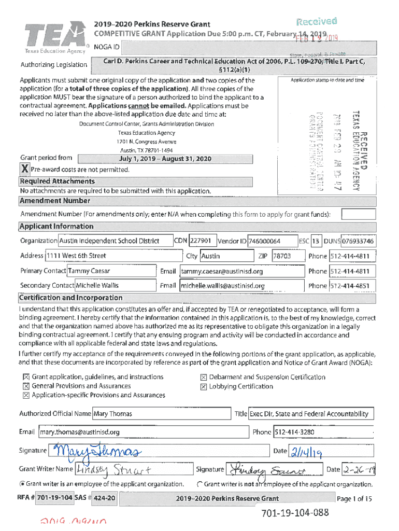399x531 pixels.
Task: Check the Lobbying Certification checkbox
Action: point(204,386)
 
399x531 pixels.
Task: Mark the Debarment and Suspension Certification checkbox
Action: point(204,378)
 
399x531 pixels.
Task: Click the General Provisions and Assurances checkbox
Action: point(25,386)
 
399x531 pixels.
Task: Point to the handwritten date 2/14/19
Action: point(305,452)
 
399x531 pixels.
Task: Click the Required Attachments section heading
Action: point(57,181)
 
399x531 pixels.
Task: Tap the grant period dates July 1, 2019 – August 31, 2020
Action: point(165,159)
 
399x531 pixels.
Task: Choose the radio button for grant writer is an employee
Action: point(22,484)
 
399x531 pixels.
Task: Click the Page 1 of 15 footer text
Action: point(354,499)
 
